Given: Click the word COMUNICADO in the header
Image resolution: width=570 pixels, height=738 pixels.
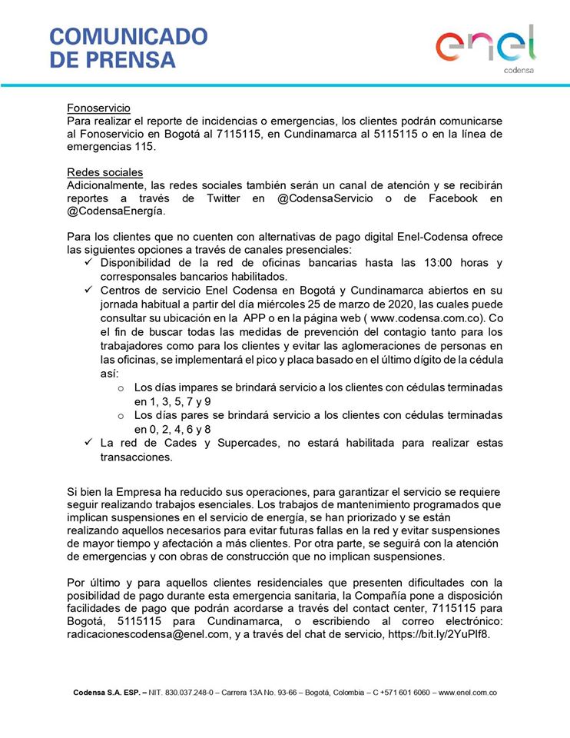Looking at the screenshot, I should click(x=128, y=36).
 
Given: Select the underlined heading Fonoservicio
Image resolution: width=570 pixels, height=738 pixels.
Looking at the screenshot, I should click(x=98, y=108).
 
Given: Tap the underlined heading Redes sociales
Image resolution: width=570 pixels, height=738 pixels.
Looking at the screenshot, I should click(x=104, y=172).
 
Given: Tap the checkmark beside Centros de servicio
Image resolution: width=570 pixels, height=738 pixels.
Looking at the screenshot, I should click(x=86, y=290).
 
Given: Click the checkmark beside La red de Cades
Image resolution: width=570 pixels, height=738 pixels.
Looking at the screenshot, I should click(x=86, y=443).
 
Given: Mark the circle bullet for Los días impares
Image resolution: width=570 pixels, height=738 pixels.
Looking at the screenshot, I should click(x=120, y=388).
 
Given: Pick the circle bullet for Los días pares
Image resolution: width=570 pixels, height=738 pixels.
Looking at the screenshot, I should click(x=120, y=415).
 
